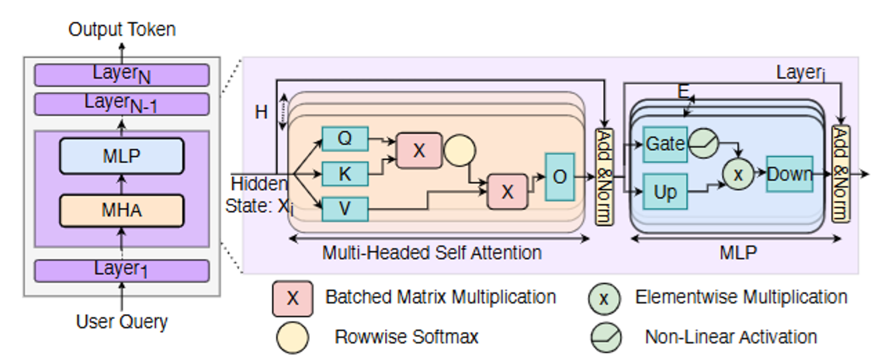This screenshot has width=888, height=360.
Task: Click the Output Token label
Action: pyautogui.click(x=122, y=29)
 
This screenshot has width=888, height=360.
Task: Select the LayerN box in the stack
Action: pyautogui.click(x=122, y=75)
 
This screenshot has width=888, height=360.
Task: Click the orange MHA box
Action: pyautogui.click(x=122, y=209)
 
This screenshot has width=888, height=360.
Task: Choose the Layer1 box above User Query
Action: pyautogui.click(x=122, y=270)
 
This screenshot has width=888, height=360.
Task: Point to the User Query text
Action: pyautogui.click(x=122, y=320)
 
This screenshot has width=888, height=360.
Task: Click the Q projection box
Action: pyautogui.click(x=345, y=139)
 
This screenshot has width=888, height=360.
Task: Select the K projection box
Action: pyautogui.click(x=345, y=173)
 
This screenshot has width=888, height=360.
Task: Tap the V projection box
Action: pyautogui.click(x=345, y=209)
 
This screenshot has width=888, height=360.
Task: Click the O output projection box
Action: pyautogui.click(x=560, y=177)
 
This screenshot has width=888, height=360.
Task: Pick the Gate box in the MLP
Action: pyautogui.click(x=665, y=145)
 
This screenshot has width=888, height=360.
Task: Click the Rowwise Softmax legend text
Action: pyautogui.click(x=406, y=337)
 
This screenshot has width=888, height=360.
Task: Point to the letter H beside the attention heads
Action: pyautogui.click(x=262, y=113)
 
